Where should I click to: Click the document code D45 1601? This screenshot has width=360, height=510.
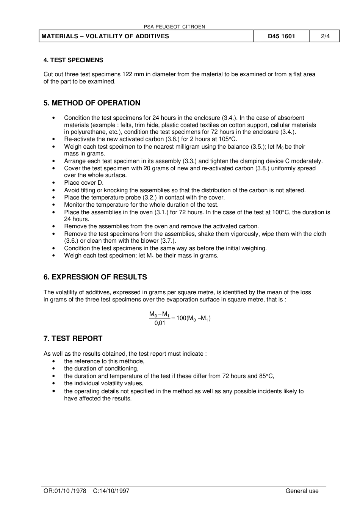pyautogui.click(x=281, y=36)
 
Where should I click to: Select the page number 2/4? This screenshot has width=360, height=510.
pyautogui.click(x=325, y=36)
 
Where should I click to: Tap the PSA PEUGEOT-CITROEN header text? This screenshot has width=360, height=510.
pyautogui.click(x=175, y=27)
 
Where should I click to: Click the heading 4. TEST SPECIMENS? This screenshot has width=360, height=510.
pyautogui.click(x=73, y=60)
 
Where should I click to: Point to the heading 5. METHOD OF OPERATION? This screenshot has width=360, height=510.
pyautogui.click(x=92, y=103)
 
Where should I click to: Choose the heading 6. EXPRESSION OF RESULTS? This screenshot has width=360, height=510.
pyautogui.click(x=95, y=277)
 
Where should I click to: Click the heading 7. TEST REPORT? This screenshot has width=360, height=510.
pyautogui.click(x=73, y=339)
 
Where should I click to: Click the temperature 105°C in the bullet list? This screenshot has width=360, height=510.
pyautogui.click(x=228, y=139)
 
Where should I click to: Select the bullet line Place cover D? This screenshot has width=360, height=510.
pyautogui.click(x=83, y=183)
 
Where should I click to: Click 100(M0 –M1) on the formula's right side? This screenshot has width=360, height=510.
pyautogui.click(x=193, y=318)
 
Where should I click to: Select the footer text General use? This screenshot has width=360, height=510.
pyautogui.click(x=302, y=491)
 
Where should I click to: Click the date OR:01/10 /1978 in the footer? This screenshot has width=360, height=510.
pyautogui.click(x=65, y=491)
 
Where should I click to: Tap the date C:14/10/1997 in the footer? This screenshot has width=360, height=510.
pyautogui.click(x=111, y=491)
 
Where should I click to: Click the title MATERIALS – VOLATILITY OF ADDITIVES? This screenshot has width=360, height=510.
pyautogui.click(x=105, y=36)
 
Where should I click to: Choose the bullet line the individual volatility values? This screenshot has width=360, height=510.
pyautogui.click(x=103, y=383)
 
